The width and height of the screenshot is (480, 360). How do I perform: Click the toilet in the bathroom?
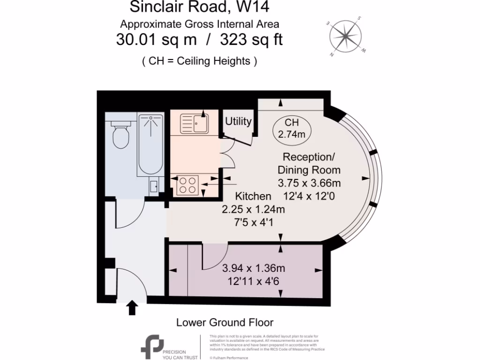120,133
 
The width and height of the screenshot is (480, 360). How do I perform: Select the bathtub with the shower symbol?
150,145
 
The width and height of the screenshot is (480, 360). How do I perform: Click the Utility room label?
239,121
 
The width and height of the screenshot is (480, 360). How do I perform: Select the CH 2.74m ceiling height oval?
292,128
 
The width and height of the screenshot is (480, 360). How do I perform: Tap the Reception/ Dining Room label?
309,163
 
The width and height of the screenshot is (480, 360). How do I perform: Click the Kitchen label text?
253,196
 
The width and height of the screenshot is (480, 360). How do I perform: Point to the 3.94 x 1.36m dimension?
254,269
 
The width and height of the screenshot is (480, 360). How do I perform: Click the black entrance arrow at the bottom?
133,307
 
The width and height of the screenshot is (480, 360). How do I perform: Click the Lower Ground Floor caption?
225,322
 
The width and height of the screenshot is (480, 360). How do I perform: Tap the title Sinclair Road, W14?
199,7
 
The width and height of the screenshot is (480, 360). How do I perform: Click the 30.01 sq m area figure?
156,40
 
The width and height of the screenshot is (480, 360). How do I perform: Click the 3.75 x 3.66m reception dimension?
309,182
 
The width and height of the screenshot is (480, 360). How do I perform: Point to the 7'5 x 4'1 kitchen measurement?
253,222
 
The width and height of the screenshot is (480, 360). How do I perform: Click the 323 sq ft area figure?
249,40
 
